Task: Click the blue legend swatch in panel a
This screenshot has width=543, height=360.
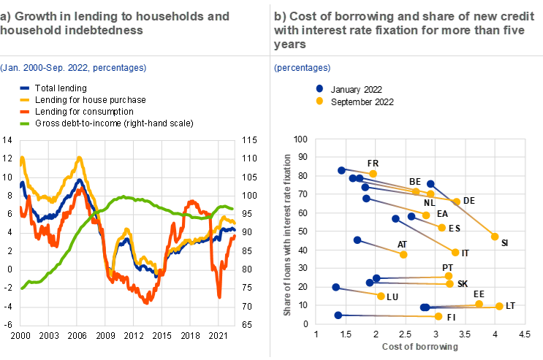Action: click(24, 87)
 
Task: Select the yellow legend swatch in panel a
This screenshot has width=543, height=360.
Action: click(24, 99)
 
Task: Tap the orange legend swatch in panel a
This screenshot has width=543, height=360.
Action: click(24, 112)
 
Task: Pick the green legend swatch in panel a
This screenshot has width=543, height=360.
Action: click(24, 123)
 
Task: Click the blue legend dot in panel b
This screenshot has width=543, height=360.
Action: click(319, 88)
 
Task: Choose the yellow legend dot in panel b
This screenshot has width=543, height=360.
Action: click(319, 101)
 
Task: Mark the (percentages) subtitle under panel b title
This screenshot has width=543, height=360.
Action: click(302, 68)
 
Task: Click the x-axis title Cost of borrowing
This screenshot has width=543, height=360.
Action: click(419, 346)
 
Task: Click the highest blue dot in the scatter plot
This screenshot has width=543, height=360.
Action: click(341, 170)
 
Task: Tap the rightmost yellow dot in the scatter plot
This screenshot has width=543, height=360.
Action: click(499, 306)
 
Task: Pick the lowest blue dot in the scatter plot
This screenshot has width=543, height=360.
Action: click(338, 315)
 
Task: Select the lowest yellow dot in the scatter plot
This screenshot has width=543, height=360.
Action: click(439, 316)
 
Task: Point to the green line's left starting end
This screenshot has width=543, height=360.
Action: click(23, 288)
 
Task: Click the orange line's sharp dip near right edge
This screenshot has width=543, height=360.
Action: click(219, 296)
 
